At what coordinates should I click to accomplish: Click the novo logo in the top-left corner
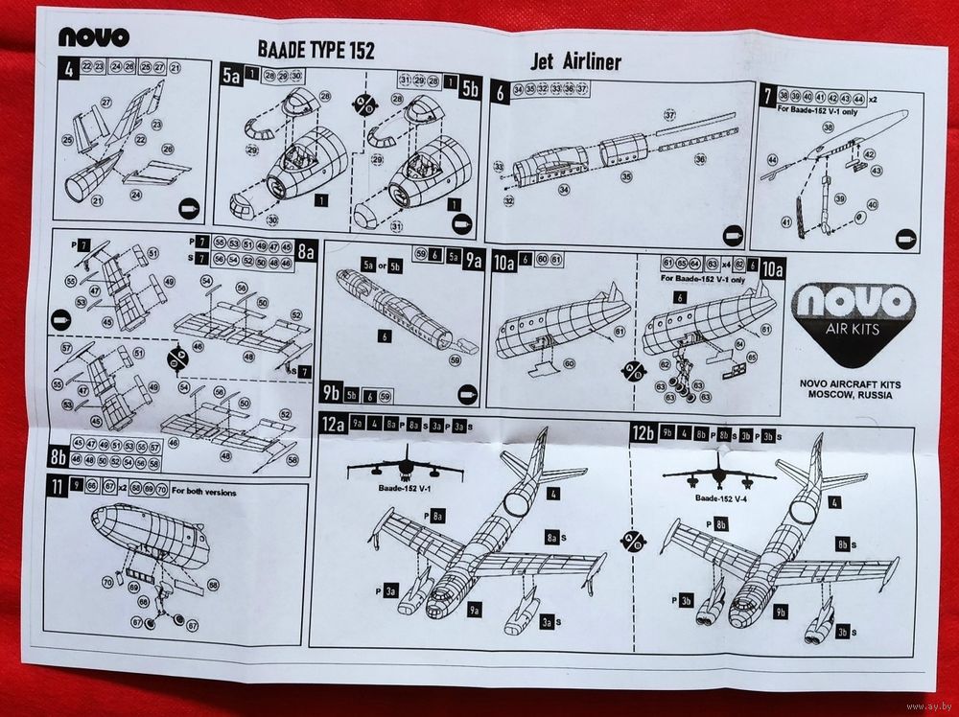(93, 37)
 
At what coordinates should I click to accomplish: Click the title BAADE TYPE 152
(316, 50)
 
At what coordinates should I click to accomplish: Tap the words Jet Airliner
(575, 62)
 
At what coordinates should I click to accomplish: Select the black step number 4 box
(67, 68)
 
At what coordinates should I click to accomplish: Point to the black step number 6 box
(500, 92)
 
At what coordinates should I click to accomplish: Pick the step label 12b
(642, 431)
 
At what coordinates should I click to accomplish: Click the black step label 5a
(230, 77)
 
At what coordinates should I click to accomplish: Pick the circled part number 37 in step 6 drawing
(669, 116)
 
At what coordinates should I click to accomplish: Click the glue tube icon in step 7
(902, 237)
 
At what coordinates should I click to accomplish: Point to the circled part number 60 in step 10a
(569, 363)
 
